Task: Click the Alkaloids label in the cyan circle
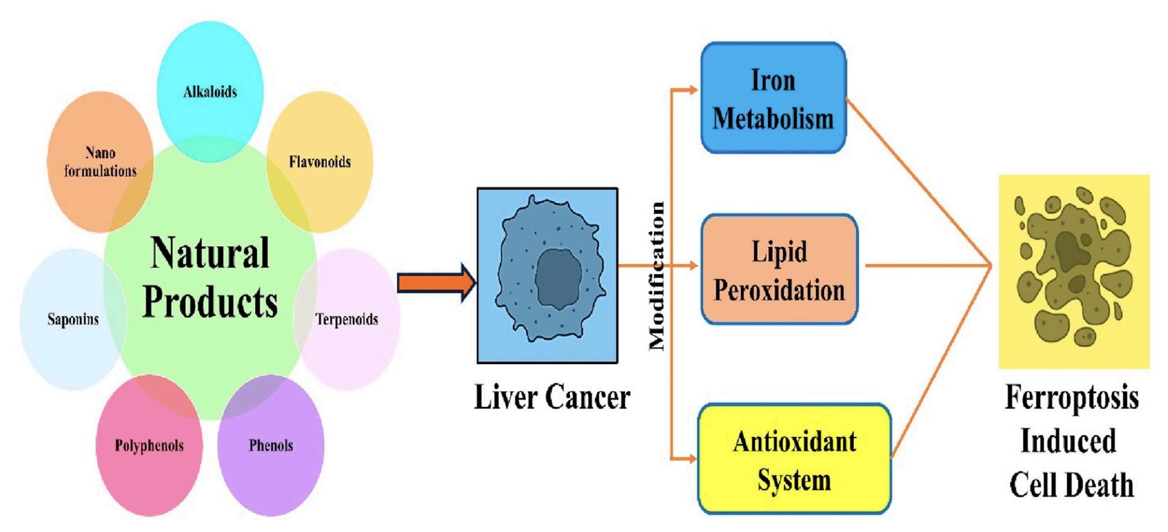pyautogui.click(x=210, y=92)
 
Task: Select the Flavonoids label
pyautogui.click(x=319, y=162)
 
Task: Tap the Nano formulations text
pyautogui.click(x=100, y=162)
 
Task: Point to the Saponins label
pyautogui.click(x=73, y=319)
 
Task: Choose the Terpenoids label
pyautogui.click(x=347, y=319)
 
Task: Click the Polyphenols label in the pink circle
pyautogui.click(x=149, y=446)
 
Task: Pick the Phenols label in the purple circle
pyautogui.click(x=271, y=446)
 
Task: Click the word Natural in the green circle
pyautogui.click(x=210, y=253)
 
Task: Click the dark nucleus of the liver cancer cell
pyautogui.click(x=558, y=278)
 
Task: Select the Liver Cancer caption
pyautogui.click(x=552, y=398)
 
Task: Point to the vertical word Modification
pyautogui.click(x=657, y=276)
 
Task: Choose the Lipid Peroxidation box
pyautogui.click(x=779, y=270)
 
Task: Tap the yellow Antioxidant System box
pyautogui.click(x=794, y=460)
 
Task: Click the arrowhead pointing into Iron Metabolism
pyautogui.click(x=693, y=90)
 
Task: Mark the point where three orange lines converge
pyautogui.click(x=990, y=265)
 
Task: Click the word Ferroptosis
pyautogui.click(x=1071, y=398)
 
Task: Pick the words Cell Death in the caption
pyautogui.click(x=1071, y=485)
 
